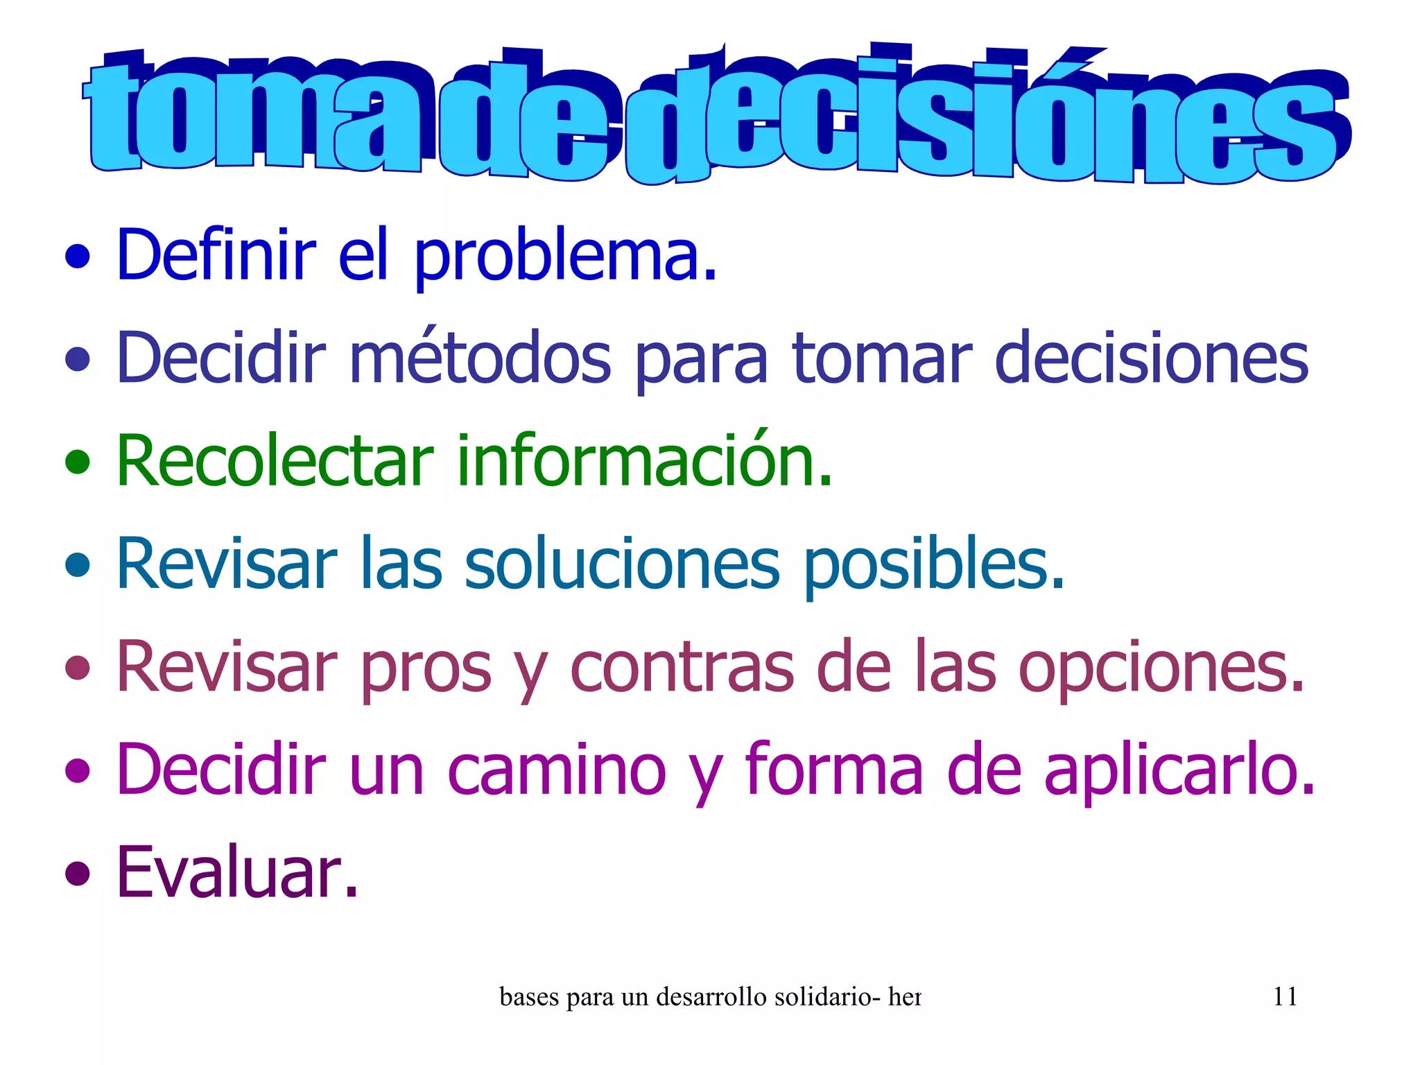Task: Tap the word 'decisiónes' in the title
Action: (x=985, y=118)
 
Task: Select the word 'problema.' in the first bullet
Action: (x=565, y=257)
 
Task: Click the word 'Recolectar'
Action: (x=275, y=460)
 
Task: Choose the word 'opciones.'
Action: (x=1161, y=667)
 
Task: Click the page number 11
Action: (x=1285, y=997)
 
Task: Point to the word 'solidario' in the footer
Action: (x=822, y=997)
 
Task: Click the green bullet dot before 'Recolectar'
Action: (x=78, y=461)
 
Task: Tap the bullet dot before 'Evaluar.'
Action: (x=78, y=873)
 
